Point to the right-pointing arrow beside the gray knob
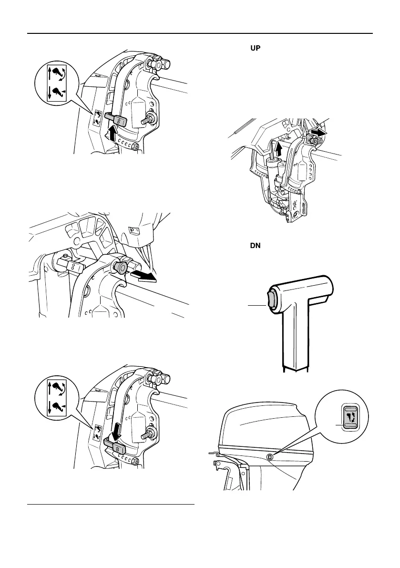(144, 274)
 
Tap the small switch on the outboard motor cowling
(270, 457)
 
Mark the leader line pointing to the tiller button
(257, 304)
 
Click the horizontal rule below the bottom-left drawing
(111, 504)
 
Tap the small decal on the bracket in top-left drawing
(98, 117)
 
